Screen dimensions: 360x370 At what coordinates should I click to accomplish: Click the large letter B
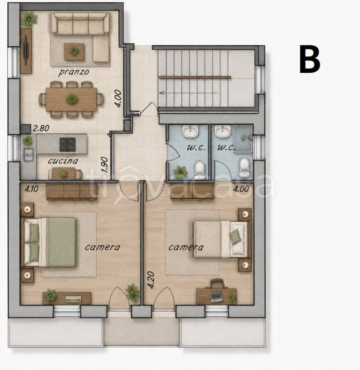pos(309,59)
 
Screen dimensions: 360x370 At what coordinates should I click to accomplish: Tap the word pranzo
pos(74,72)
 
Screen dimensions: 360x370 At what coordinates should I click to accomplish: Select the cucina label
pos(63,161)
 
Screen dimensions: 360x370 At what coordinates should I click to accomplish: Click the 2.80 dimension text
pos(41,128)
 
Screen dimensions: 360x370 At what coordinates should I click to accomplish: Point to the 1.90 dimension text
pos(104,165)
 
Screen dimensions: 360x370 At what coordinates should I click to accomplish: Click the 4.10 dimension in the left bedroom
pos(31,189)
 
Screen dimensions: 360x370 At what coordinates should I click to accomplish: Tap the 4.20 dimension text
pos(151,280)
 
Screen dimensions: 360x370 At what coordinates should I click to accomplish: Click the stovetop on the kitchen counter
pos(68,145)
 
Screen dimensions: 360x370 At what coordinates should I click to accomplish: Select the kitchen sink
pos(28,155)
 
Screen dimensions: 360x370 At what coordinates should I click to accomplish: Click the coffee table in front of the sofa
pos(74,52)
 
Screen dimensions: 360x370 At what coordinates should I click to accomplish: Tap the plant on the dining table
pos(72,99)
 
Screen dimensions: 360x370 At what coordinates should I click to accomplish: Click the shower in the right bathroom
pos(244,138)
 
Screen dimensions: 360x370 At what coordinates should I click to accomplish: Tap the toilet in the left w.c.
pos(200,170)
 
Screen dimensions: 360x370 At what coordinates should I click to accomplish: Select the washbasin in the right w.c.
pos(222,131)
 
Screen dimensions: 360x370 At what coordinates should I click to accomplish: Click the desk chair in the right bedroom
pos(217,283)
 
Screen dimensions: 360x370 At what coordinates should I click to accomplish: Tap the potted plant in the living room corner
pos(29,19)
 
